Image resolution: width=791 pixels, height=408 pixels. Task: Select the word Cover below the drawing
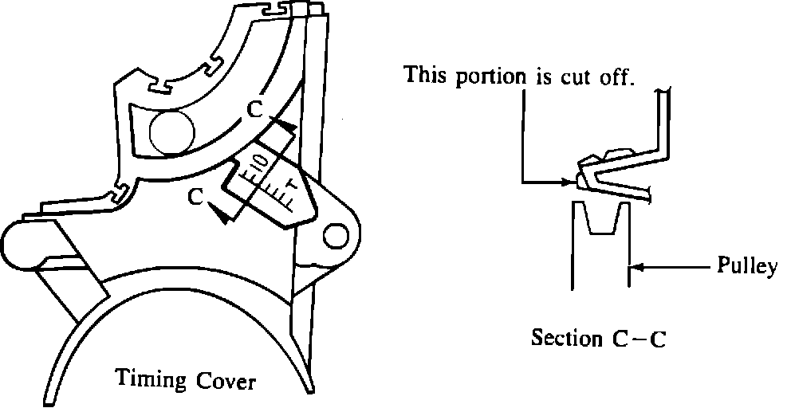[225, 382]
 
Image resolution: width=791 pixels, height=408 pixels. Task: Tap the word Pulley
[746, 267]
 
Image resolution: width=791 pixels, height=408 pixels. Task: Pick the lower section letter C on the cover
[193, 196]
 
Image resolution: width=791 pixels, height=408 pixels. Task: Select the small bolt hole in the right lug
[336, 234]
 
